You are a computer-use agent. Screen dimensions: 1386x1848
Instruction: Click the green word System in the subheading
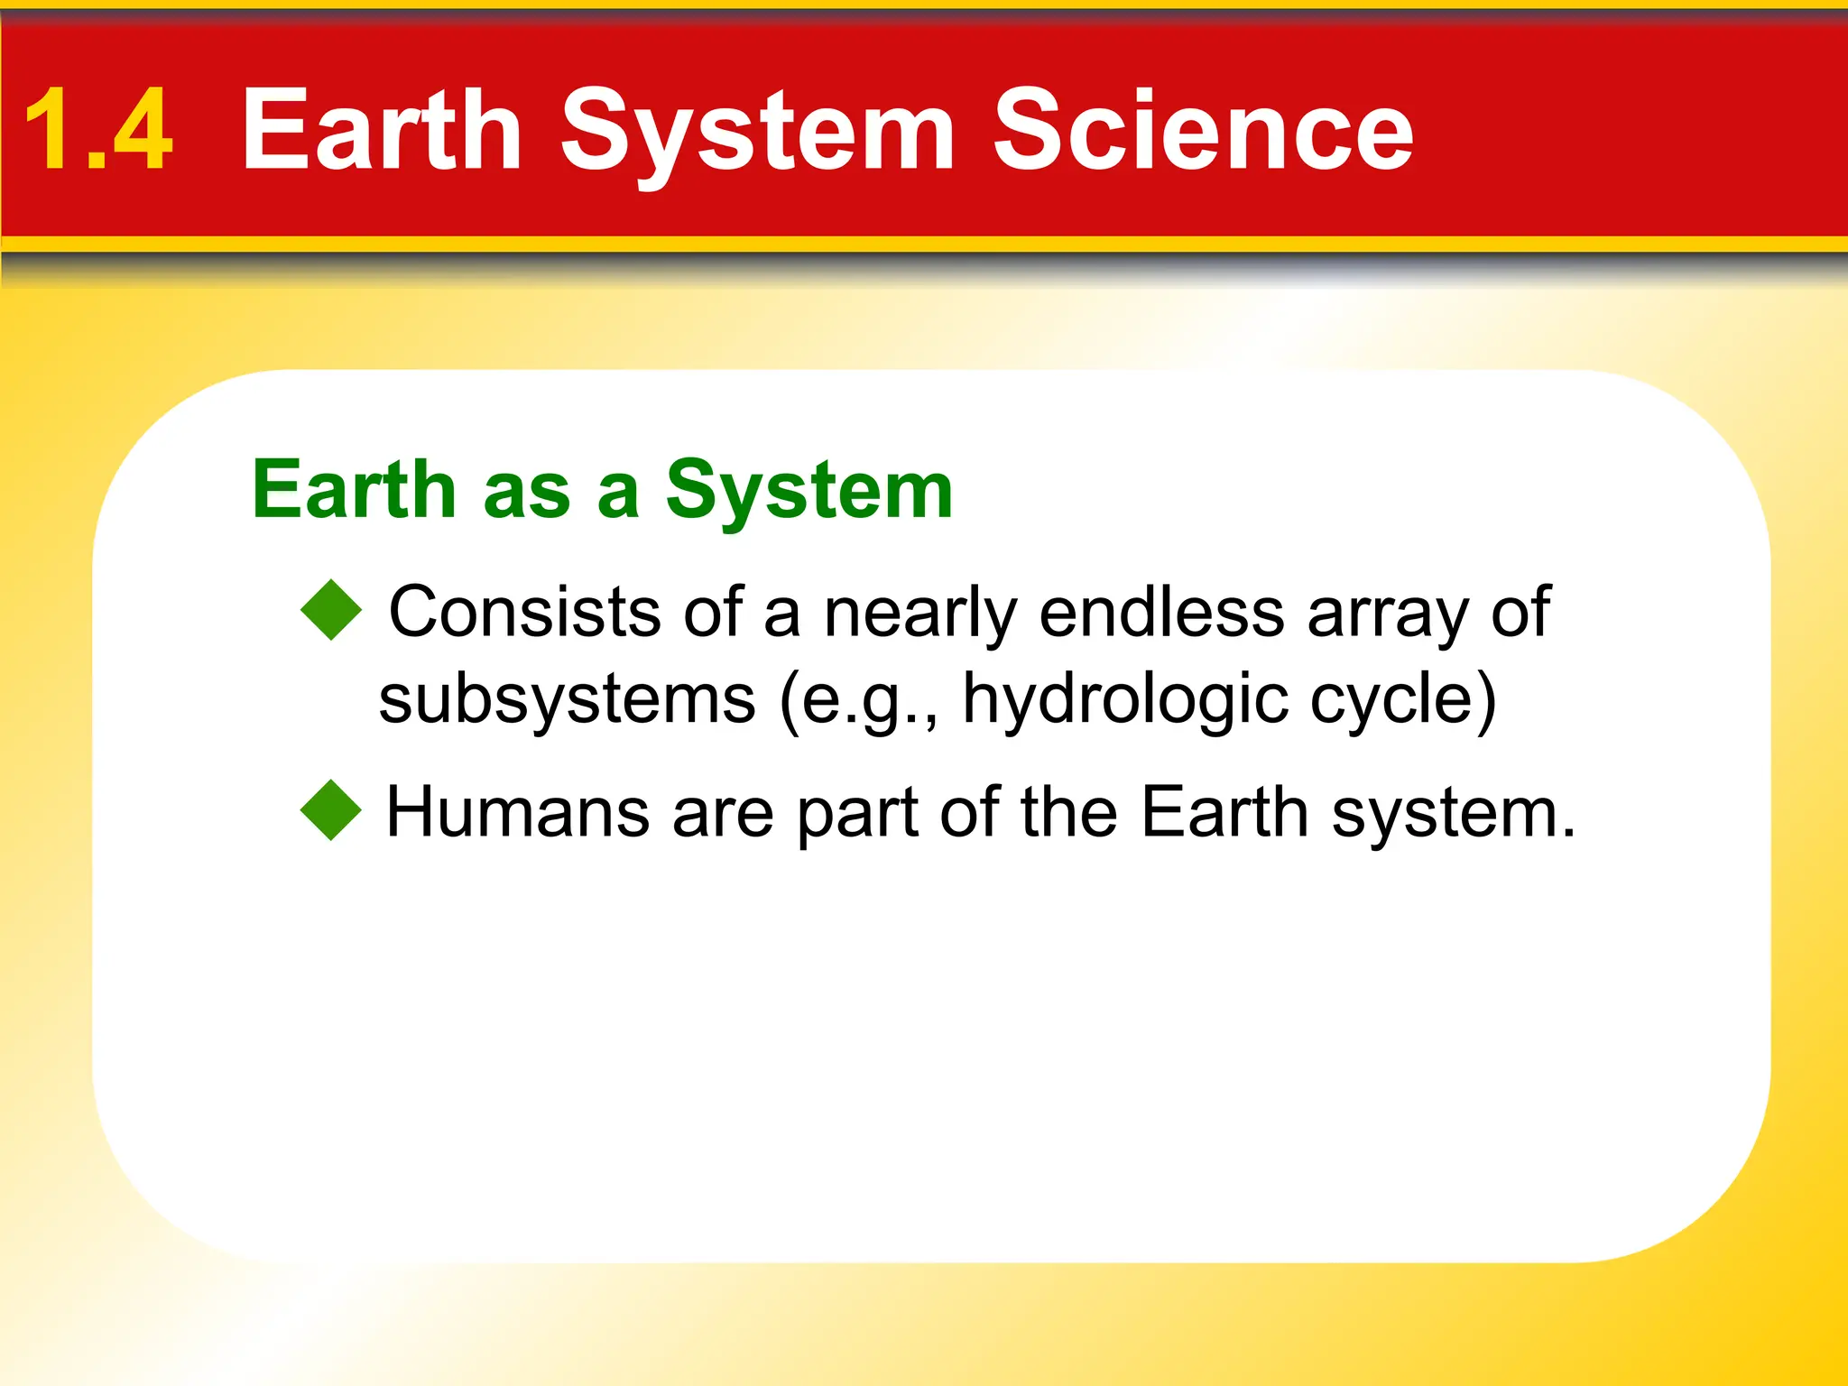click(808, 492)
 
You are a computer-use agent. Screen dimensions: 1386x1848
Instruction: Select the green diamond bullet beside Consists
click(331, 610)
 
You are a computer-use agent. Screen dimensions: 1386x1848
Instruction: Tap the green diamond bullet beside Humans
click(331, 810)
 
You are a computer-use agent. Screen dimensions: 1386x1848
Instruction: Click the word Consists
click(524, 612)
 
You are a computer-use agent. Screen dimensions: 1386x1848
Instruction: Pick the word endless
click(1161, 612)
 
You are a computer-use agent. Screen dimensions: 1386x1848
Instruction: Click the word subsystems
click(567, 700)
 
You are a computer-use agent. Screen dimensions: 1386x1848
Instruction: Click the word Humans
click(517, 812)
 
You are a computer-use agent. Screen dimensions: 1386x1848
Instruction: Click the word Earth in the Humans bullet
click(1224, 812)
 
